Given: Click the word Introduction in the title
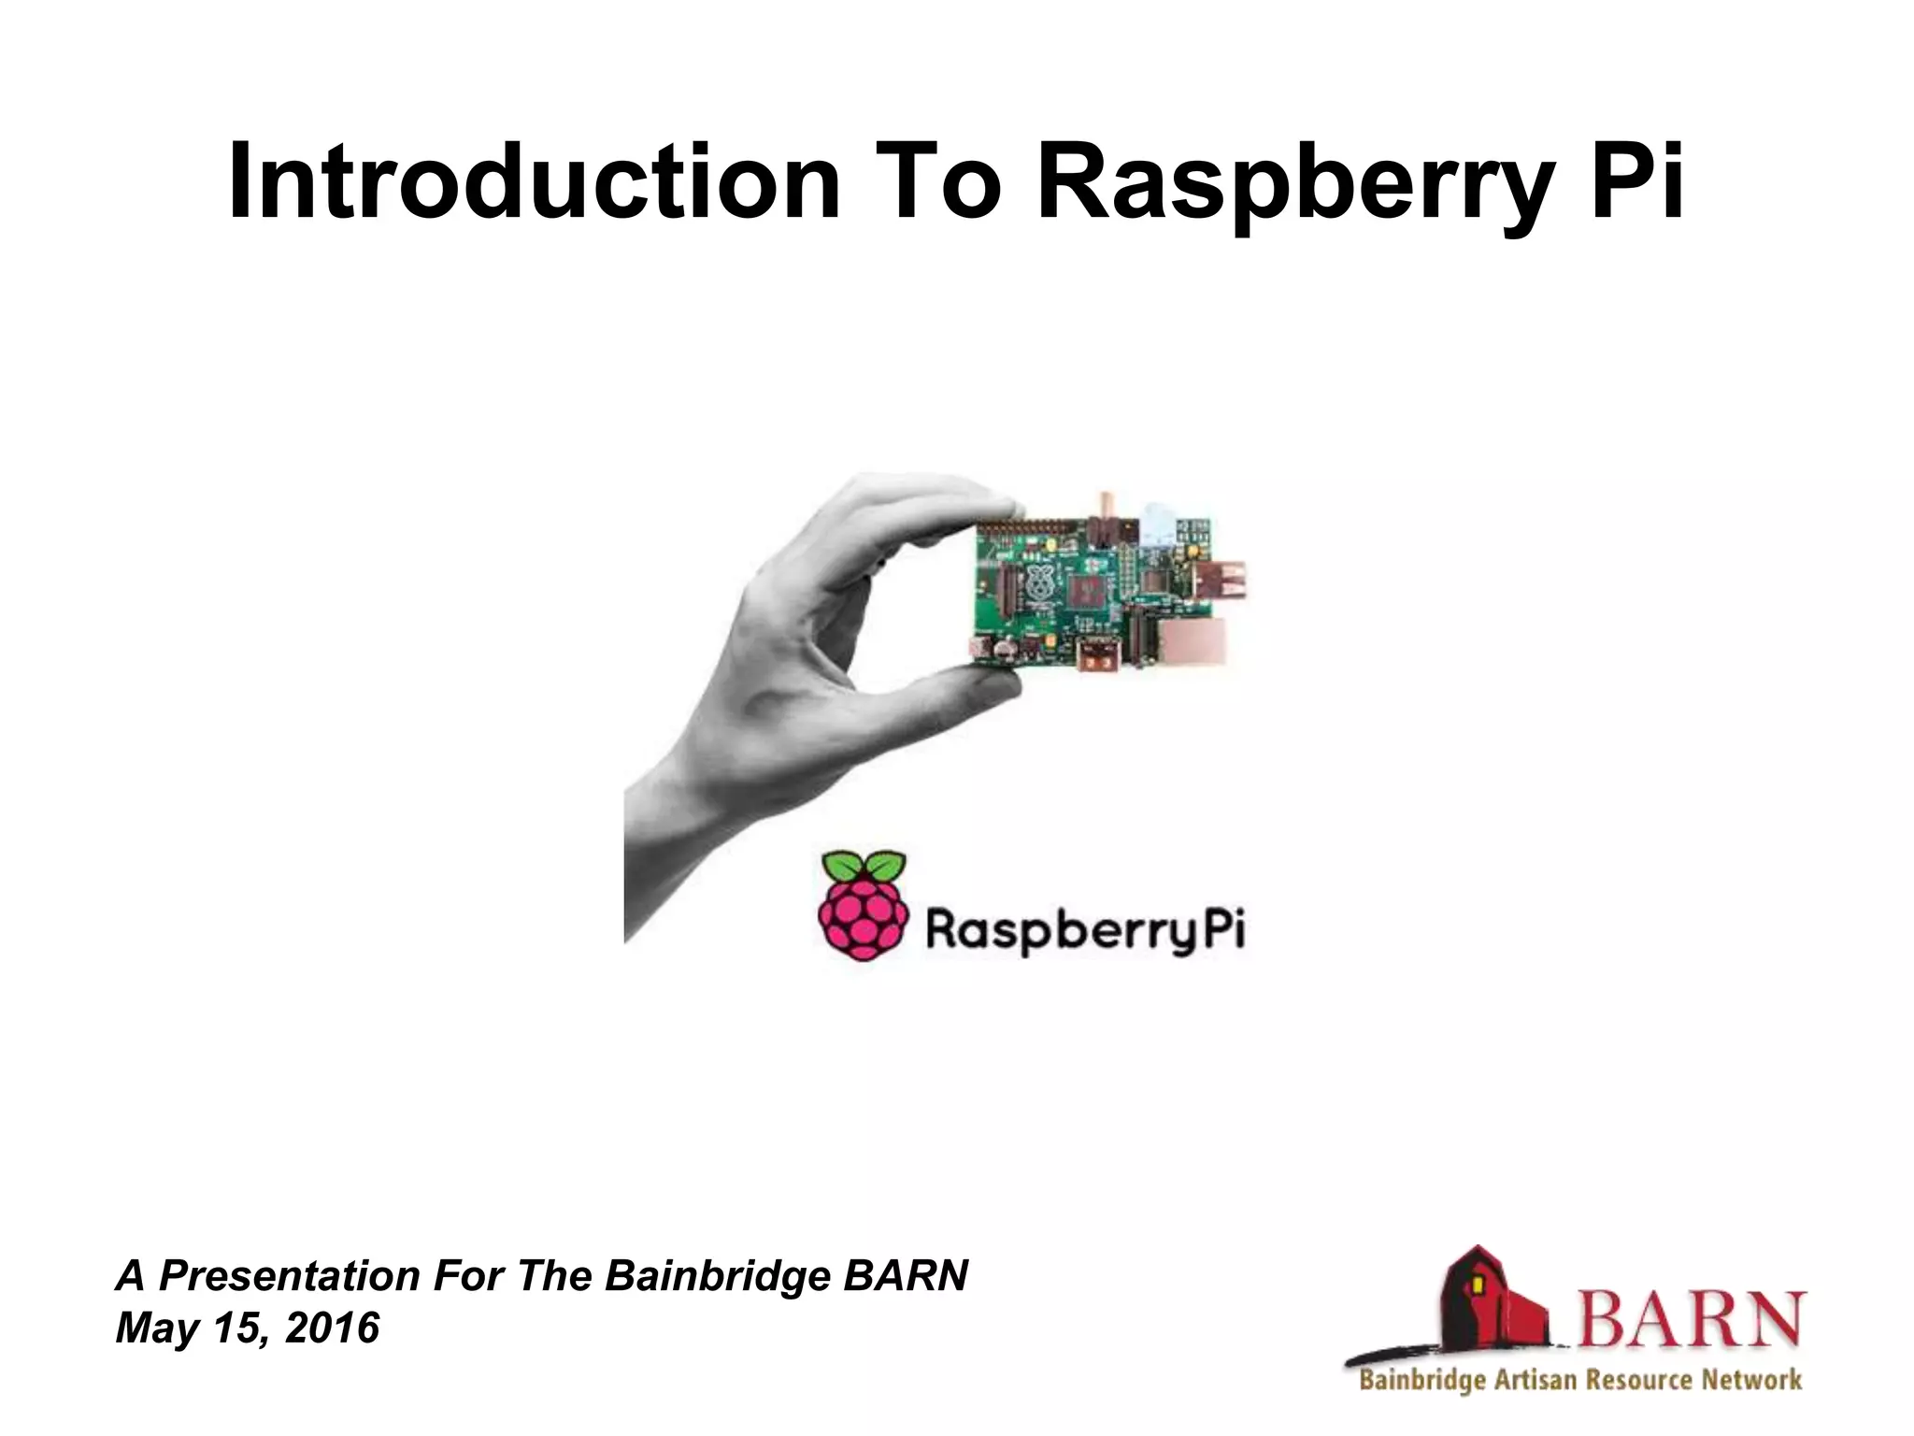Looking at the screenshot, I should click(x=534, y=181).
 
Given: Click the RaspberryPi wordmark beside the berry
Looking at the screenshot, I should click(x=1084, y=931).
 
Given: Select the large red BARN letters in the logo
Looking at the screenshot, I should click(x=1692, y=1318).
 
